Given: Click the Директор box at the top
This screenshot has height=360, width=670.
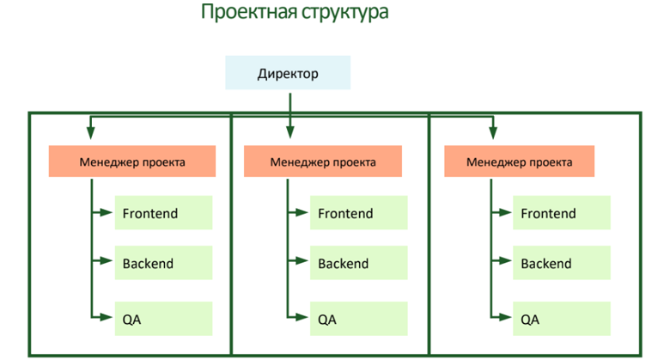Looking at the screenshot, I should pyautogui.click(x=288, y=74).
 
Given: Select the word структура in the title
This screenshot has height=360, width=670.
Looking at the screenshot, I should pyautogui.click(x=336, y=13).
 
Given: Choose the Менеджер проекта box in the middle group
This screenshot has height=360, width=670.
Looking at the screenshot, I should pyautogui.click(x=322, y=162).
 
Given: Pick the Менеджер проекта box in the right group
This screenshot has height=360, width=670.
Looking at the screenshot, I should pyautogui.click(x=519, y=162).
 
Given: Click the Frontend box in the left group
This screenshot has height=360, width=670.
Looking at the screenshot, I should pyautogui.click(x=163, y=213).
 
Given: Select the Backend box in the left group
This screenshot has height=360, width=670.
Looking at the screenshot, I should pyautogui.click(x=163, y=264).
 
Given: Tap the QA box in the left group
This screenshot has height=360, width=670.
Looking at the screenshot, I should pyautogui.click(x=163, y=320).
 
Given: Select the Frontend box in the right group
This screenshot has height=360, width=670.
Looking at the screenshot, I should pyautogui.click(x=562, y=213).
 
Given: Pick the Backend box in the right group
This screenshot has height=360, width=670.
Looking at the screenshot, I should pyautogui.click(x=562, y=264).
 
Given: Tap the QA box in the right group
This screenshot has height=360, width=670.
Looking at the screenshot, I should pyautogui.click(x=562, y=320).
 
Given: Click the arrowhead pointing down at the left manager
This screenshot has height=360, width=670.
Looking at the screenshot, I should pyautogui.click(x=89, y=133).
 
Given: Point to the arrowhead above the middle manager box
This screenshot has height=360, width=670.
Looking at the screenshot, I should pyautogui.click(x=290, y=132).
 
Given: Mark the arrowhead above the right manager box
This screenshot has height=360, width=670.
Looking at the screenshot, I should pyautogui.click(x=492, y=133).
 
